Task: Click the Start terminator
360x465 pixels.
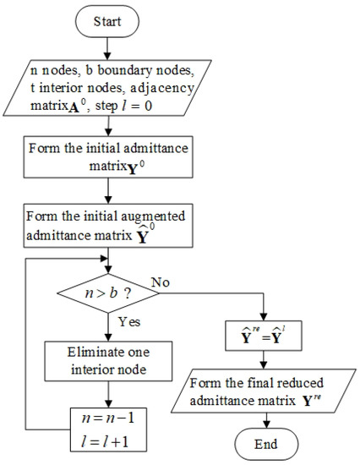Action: pos(107,21)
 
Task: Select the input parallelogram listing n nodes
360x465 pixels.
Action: pos(107,84)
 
